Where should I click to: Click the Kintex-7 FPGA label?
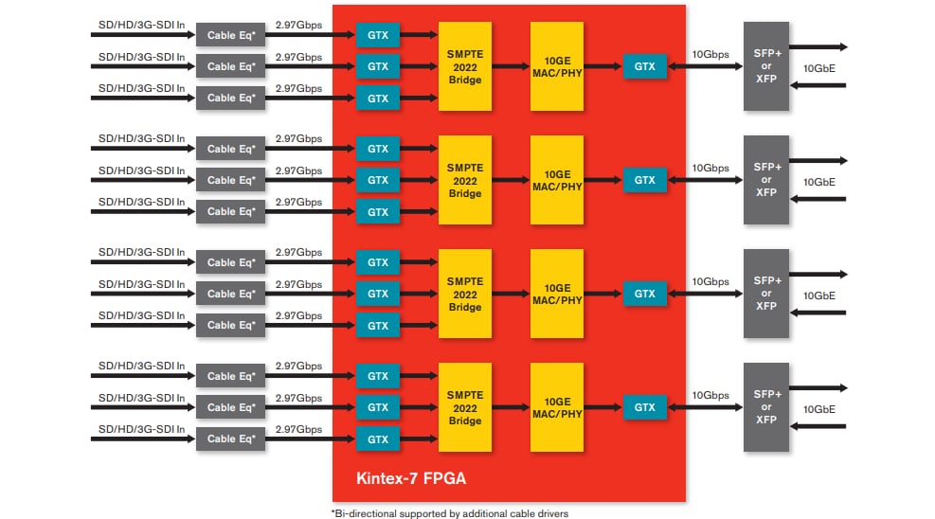tap(410, 478)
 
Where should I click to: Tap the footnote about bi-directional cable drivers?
tap(449, 512)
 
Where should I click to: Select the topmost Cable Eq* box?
tap(231, 36)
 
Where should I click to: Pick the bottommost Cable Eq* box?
tap(231, 438)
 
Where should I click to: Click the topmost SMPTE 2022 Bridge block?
tap(465, 66)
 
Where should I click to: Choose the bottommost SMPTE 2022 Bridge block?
tap(465, 407)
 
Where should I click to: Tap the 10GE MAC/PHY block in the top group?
tap(557, 66)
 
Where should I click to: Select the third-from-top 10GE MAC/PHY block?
tap(557, 294)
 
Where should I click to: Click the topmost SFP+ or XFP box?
tap(766, 66)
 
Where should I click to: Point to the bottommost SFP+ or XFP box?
tap(766, 407)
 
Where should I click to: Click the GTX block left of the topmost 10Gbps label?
tap(645, 66)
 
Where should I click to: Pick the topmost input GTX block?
tap(378, 36)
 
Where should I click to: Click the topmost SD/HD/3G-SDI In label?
tap(142, 26)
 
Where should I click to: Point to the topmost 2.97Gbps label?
tap(298, 26)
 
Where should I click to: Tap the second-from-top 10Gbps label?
tap(710, 168)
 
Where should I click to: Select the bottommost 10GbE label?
tap(819, 409)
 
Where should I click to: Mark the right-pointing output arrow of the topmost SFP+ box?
tap(818, 46)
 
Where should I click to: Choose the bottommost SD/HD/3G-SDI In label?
tap(142, 428)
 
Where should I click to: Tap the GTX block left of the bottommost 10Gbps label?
tap(645, 407)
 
